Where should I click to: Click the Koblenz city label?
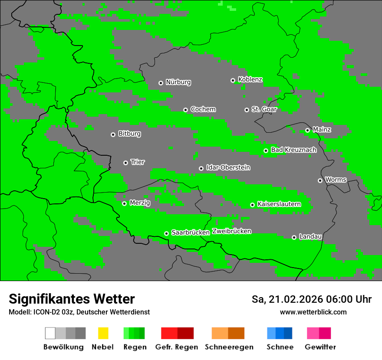[250, 80]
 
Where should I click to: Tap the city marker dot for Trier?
[125, 163]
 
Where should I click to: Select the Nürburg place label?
[178, 82]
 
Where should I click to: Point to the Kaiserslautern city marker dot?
[252, 205]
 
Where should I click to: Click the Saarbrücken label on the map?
[191, 232]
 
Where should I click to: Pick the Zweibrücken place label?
[231, 231]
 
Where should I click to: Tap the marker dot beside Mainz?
[307, 130]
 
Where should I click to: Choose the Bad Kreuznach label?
[293, 150]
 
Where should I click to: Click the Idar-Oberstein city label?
[228, 167]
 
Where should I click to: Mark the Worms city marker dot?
[320, 180]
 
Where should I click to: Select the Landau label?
[310, 237]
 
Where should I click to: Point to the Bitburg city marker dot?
[113, 134]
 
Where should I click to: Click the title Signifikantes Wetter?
[72, 299]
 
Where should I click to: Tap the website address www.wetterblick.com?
[313, 312]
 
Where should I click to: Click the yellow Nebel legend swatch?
[103, 333]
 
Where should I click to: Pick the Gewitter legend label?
[320, 347]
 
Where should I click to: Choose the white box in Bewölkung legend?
[50, 333]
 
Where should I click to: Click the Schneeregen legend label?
[229, 347]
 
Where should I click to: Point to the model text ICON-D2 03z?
[51, 312]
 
